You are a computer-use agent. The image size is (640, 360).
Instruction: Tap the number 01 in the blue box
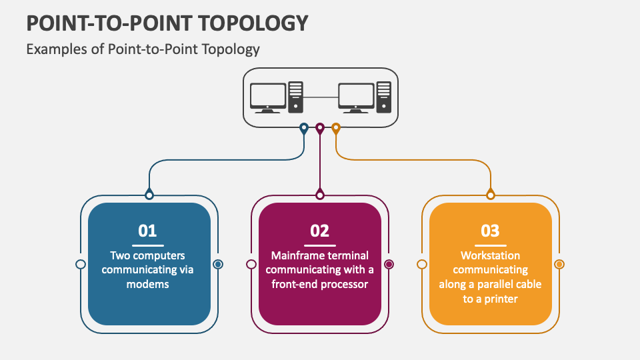(147, 231)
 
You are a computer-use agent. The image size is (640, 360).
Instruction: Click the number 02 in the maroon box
(319, 231)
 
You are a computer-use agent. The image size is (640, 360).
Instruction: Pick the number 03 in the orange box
(490, 231)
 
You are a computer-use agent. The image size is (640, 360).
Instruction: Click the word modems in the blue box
(147, 284)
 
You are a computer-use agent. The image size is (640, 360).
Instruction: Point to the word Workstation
(490, 255)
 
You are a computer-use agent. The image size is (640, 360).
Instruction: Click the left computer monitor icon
(268, 98)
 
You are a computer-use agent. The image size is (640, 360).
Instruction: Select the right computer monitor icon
(356, 98)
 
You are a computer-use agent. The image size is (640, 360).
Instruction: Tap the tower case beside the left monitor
(295, 97)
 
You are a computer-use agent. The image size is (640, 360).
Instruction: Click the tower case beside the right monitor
(384, 97)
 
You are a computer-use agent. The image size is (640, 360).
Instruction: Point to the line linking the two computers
(321, 97)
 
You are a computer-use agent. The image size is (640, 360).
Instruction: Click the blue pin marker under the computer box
(304, 129)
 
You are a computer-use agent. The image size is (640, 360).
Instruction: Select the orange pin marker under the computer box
(335, 129)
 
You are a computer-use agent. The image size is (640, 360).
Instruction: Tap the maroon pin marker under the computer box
(320, 129)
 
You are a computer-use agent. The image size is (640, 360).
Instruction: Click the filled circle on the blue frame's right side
(218, 265)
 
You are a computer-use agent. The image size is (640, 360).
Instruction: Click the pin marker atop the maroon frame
(320, 194)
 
